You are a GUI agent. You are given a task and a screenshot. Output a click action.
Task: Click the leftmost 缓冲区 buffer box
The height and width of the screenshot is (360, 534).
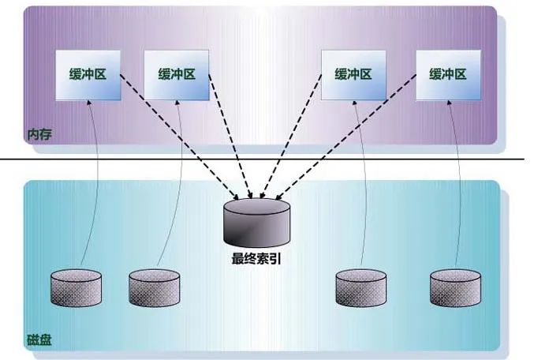pos(88,75)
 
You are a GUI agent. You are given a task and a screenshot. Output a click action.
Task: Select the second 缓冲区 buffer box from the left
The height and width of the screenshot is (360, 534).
pos(177,75)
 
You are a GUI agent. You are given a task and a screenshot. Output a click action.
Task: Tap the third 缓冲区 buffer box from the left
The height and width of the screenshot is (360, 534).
pos(353,75)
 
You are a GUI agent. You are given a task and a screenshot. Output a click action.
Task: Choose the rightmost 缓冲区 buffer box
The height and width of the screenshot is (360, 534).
pos(449,75)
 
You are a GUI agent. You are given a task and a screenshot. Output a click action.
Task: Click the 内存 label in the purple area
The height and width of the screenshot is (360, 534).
pos(40,135)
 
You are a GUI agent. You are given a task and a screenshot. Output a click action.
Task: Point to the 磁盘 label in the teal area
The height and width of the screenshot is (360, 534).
pos(39,339)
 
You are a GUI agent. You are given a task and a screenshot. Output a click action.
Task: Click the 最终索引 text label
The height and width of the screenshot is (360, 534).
pos(256,259)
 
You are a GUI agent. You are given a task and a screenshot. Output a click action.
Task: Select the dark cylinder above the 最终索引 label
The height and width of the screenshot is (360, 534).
pos(257,223)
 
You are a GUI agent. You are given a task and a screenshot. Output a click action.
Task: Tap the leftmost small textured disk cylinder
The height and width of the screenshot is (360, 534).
pos(76,287)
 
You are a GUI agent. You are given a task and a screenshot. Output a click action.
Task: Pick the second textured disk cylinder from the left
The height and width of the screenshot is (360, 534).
pos(155,287)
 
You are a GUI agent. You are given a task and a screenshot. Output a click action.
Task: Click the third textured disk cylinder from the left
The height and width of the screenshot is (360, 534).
pos(361,287)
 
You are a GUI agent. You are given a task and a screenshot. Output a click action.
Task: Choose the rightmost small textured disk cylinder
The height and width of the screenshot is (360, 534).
pos(455,287)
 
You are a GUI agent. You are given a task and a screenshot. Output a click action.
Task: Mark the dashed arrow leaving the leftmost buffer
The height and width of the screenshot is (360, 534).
pos(179,137)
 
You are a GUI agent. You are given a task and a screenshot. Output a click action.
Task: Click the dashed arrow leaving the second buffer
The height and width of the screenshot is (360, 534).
pos(230,137)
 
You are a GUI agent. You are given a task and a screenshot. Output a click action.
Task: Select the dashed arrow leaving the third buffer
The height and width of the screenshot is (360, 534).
pos(290,137)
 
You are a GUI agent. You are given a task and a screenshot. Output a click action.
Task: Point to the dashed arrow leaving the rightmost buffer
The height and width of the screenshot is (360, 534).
pos(345,137)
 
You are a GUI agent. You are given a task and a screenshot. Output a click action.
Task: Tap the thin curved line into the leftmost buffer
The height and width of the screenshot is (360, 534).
pos(96,181)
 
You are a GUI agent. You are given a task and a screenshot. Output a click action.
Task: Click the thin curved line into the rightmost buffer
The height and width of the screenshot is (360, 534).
pos(460,181)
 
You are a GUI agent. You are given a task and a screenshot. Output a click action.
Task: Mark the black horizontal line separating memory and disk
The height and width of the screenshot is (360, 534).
pos(262,159)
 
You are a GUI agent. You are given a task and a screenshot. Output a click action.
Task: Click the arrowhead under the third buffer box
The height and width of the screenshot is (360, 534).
pos(354,103)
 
